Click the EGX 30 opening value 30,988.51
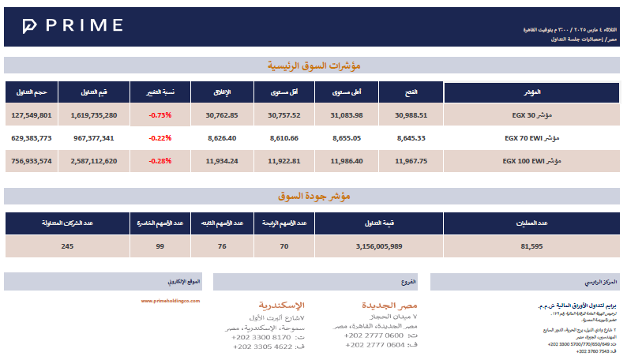click(411, 115)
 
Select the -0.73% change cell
click(160, 115)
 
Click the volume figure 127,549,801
click(32, 115)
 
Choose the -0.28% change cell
click(160, 161)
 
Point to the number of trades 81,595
click(531, 246)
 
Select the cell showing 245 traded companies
click(66, 246)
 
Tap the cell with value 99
click(160, 246)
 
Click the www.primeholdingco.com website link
click(171, 301)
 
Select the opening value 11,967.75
click(411, 161)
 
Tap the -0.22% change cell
click(160, 138)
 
